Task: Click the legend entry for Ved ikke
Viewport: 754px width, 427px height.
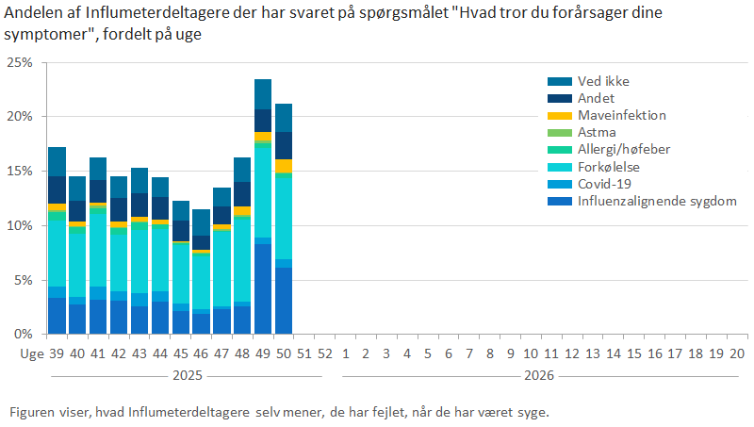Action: [603, 81]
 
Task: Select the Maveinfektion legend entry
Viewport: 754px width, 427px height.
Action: [621, 116]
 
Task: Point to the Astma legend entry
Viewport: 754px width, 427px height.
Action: [597, 133]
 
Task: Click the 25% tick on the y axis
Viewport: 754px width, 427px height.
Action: [19, 62]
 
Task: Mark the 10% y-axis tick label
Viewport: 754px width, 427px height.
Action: [19, 226]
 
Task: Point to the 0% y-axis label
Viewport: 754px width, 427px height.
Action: [22, 335]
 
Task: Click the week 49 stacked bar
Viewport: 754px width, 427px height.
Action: [263, 207]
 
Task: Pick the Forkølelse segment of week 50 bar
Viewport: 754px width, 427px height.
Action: [284, 217]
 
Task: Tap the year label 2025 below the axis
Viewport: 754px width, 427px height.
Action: [181, 375]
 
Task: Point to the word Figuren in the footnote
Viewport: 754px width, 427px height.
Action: [33, 413]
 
